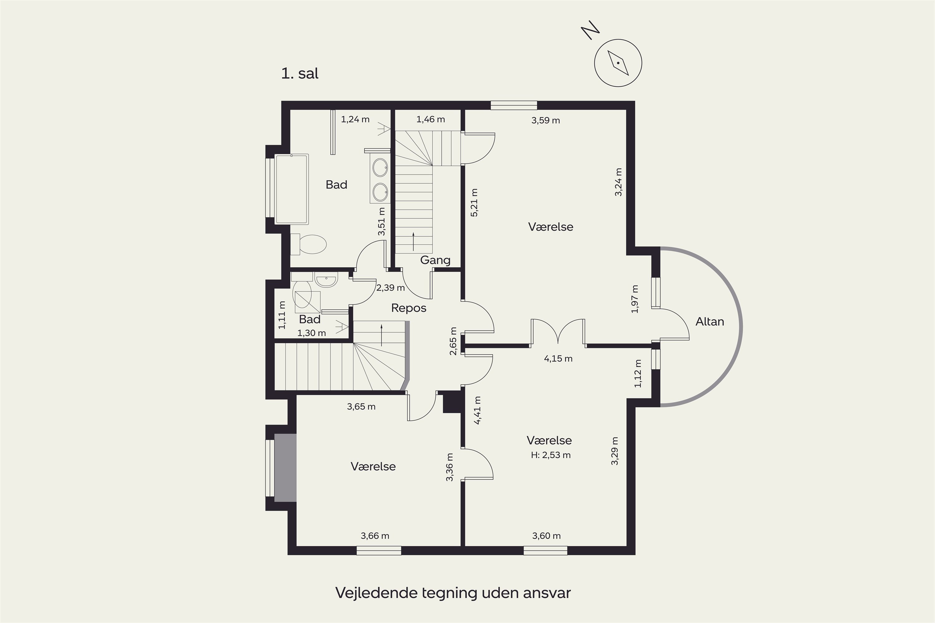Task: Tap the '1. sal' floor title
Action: (300, 74)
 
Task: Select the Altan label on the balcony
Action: (710, 321)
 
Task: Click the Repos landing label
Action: (409, 308)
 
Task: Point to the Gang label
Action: (435, 260)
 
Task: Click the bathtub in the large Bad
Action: (291, 189)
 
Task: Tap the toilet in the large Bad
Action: (309, 244)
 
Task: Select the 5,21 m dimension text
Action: (474, 203)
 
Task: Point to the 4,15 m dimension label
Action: (558, 359)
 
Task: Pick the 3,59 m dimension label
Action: (545, 120)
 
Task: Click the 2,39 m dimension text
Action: (391, 288)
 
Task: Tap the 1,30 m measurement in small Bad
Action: (312, 333)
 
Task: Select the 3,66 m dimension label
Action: (375, 536)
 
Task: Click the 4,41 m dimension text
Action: (477, 411)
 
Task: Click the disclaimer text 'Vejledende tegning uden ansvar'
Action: (453, 592)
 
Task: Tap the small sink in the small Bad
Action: (326, 279)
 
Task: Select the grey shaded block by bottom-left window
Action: (285, 468)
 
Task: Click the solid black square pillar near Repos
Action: (452, 402)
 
